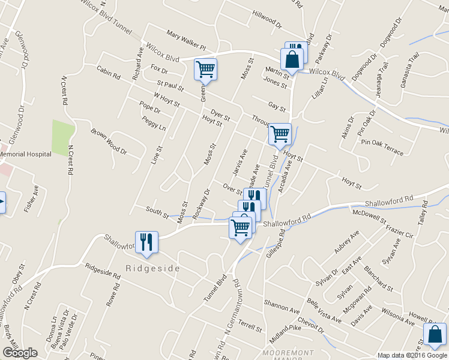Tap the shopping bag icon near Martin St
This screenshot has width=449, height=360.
pos(292,60)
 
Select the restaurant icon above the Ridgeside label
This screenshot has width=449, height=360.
pos(146,241)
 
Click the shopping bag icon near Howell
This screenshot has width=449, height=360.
pos(435,334)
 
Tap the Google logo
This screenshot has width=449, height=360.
pos(20,353)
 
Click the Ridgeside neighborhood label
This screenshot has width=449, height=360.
pos(152,268)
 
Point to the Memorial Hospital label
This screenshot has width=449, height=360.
pos(24,154)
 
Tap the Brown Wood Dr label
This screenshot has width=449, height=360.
pos(109,141)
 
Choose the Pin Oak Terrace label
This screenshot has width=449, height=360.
pos(382,146)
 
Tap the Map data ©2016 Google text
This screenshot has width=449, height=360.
pos(412,355)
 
